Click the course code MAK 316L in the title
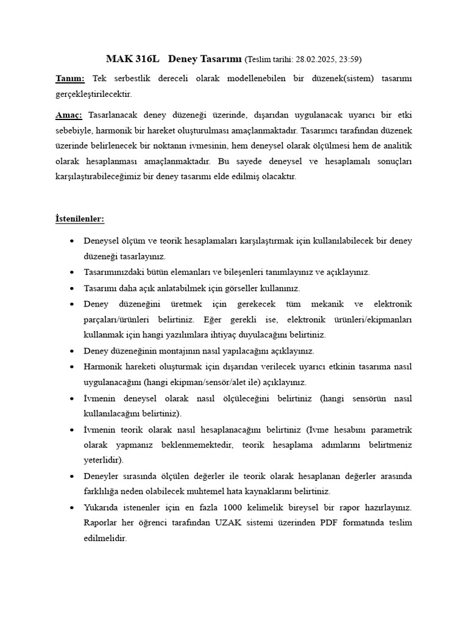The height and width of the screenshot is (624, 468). (132, 59)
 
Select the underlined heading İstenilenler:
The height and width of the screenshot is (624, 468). (80, 218)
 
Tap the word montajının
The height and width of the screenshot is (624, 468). (169, 351)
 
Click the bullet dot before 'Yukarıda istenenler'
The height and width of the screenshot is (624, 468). (73, 508)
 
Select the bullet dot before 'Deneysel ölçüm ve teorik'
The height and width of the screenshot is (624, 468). (73, 241)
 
